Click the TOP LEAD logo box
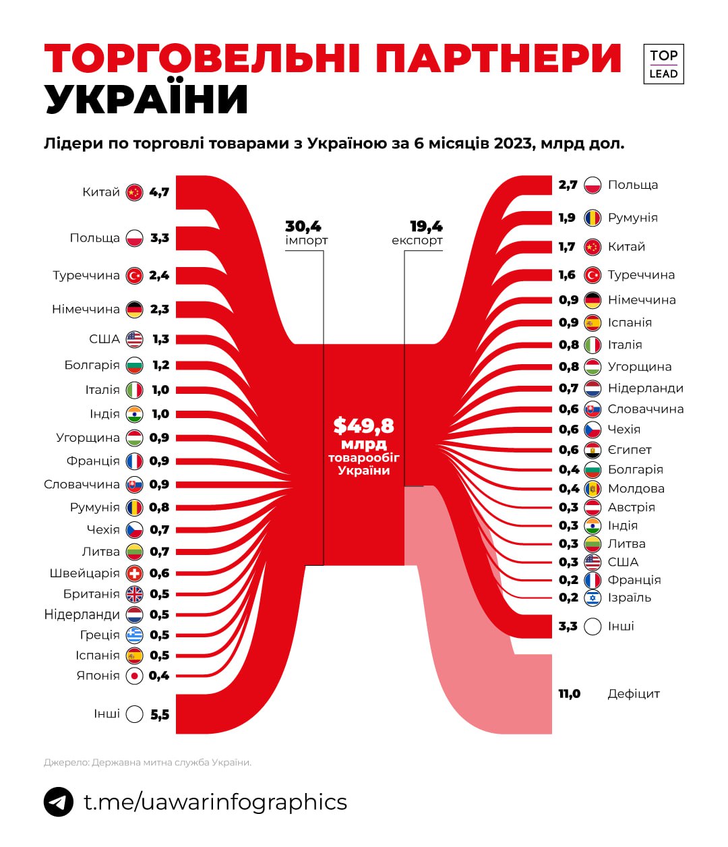663,65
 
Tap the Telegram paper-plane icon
59,802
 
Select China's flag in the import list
135,192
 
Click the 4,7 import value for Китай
160,192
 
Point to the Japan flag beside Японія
135,676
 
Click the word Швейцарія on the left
84,573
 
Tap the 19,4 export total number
426,226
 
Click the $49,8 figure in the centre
363,426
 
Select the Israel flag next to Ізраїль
593,597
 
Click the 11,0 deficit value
569,694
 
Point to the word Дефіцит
633,694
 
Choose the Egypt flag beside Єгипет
593,450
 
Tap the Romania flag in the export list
593,218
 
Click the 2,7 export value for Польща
568,185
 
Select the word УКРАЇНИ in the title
146,99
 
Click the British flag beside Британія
135,594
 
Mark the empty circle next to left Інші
135,714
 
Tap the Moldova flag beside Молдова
593,489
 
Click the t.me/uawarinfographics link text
215,802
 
